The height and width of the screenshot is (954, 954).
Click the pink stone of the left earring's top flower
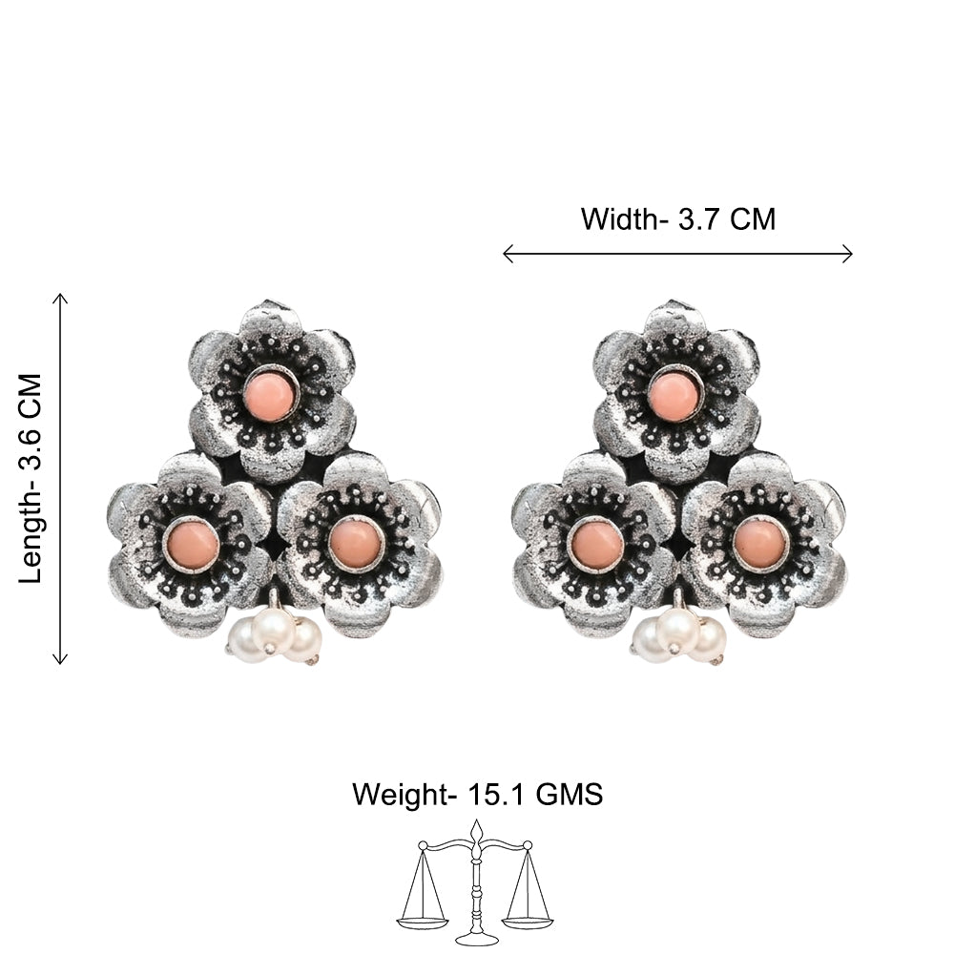tap(270, 395)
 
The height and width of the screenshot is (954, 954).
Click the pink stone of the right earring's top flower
tap(674, 395)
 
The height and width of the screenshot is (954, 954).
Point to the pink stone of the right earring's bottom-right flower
tap(758, 544)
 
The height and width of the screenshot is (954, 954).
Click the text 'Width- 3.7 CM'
tap(678, 219)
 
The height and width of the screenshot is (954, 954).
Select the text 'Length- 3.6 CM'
tap(31, 479)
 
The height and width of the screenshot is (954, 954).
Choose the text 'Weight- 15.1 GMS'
tap(478, 795)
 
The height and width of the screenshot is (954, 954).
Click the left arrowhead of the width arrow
tap(508, 254)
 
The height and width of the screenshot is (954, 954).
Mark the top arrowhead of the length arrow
tap(59, 298)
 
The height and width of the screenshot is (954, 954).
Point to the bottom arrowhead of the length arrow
tap(59, 659)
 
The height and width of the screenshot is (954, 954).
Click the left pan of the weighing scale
tap(422, 918)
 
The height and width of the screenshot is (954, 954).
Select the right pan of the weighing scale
tap(529, 918)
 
